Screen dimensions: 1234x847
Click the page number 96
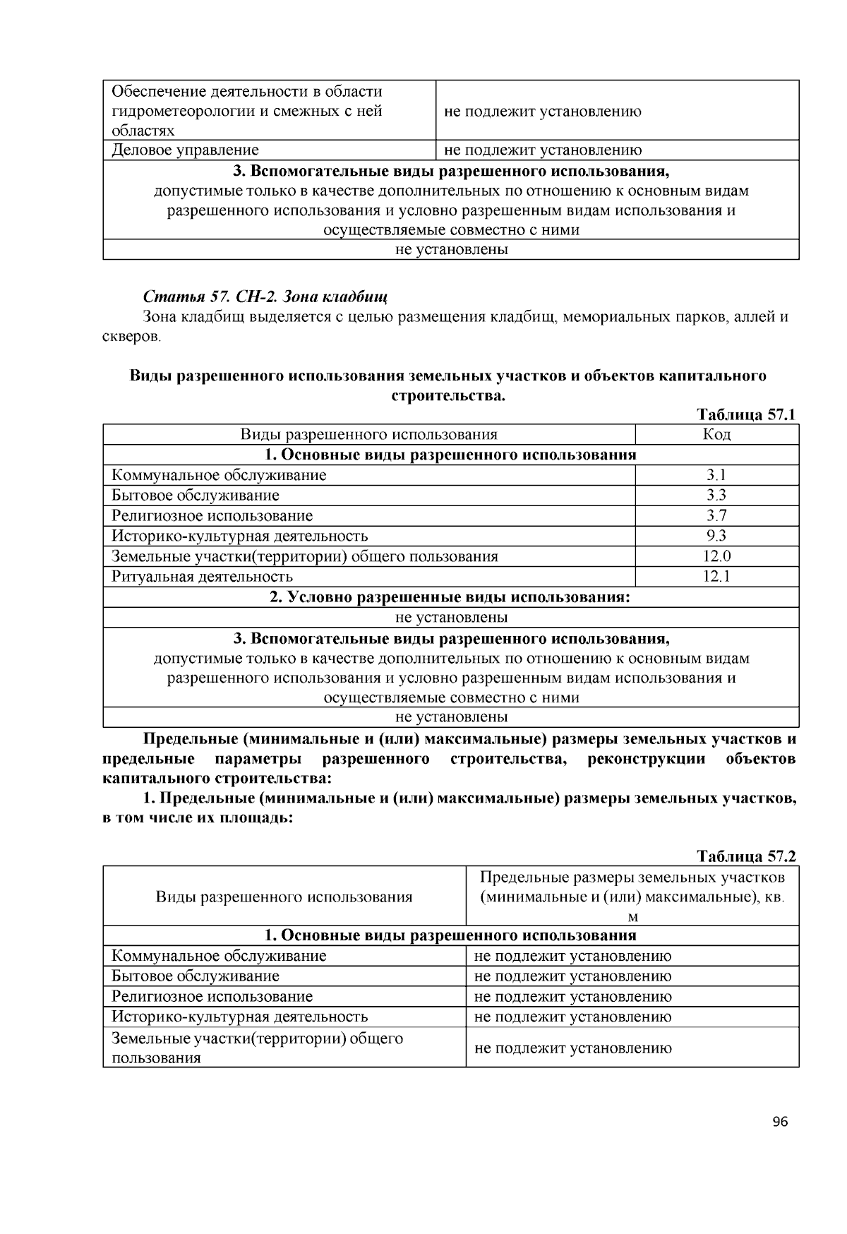(x=780, y=1122)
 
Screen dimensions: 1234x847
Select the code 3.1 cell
(x=716, y=475)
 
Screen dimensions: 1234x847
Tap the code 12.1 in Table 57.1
(x=716, y=577)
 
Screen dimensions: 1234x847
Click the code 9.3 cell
(x=716, y=536)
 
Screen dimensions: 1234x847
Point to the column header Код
(x=716, y=434)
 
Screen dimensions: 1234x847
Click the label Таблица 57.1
(x=747, y=414)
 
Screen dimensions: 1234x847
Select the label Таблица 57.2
(x=747, y=856)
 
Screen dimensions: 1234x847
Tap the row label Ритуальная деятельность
(x=193, y=577)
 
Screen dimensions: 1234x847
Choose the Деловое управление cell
(x=186, y=150)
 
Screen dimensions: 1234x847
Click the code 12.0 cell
(x=716, y=556)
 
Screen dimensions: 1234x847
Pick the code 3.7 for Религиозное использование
(x=716, y=515)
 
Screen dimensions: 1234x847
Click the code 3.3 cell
(x=716, y=496)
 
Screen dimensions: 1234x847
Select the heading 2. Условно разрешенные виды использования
(x=450, y=597)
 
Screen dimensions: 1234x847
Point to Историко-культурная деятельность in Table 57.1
(x=240, y=536)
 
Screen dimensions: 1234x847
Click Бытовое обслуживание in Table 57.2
(x=196, y=976)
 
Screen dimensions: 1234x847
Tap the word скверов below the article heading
(x=131, y=337)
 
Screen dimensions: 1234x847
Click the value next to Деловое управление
(x=543, y=150)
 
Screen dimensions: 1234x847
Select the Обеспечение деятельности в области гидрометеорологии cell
(x=247, y=111)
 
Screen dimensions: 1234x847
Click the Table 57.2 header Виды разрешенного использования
(x=284, y=897)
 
